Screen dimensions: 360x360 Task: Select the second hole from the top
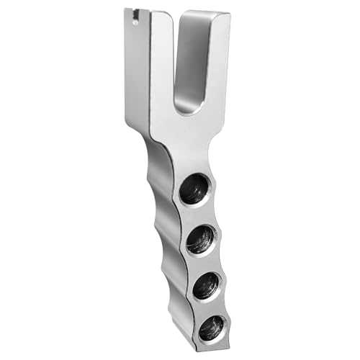(202, 238)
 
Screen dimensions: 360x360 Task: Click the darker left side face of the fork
(137, 79)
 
